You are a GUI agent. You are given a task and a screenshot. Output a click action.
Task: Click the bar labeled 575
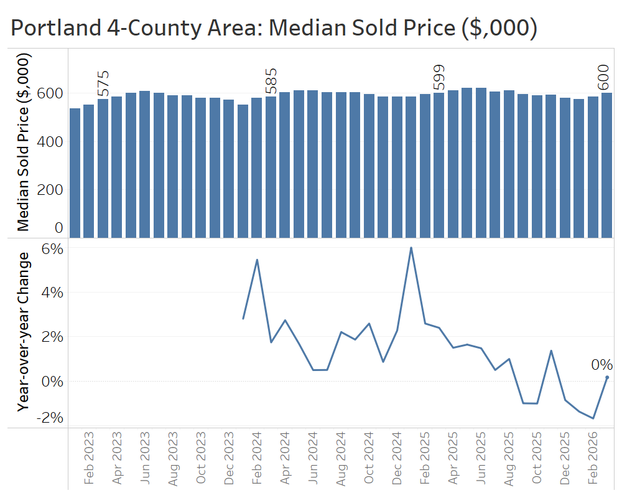[x=103, y=168]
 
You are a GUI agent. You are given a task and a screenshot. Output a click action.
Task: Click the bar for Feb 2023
[x=89, y=171]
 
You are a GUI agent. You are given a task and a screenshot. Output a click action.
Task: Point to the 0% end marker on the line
[x=607, y=377]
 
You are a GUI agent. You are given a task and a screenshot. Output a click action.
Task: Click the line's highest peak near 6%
[x=411, y=248]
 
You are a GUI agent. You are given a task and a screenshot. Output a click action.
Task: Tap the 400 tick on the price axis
[x=52, y=142]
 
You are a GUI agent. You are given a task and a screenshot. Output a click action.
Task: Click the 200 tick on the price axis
[x=52, y=190]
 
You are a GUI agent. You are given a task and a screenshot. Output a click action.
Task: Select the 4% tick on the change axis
[x=52, y=292]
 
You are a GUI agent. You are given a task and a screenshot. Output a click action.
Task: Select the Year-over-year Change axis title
[x=24, y=332]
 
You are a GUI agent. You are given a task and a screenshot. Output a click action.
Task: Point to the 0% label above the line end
[x=601, y=365]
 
